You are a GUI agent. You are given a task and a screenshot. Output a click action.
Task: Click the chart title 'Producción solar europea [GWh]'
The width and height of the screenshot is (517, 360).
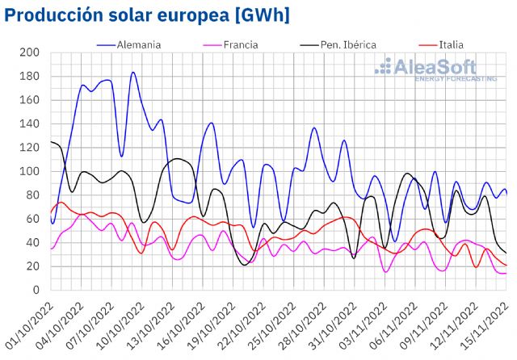146,15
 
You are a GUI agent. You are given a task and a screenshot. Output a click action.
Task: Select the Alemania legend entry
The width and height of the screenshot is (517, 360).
141,44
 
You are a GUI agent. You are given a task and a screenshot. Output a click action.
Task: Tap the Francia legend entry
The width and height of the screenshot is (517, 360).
240,44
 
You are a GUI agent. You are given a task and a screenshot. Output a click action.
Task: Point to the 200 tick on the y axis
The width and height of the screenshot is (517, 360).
30,53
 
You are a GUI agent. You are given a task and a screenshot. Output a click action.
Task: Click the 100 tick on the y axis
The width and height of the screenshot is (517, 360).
30,172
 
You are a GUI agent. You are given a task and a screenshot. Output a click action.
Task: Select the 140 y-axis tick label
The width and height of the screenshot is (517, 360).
30,124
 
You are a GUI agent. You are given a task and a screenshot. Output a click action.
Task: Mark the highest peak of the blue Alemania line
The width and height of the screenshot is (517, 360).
132,73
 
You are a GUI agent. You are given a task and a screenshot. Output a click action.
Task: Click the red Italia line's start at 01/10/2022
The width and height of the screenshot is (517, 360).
51,213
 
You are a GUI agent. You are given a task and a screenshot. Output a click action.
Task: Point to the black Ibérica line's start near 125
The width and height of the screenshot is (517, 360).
51,142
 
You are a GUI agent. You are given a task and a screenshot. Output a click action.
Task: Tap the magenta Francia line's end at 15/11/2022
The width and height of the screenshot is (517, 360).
506,274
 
